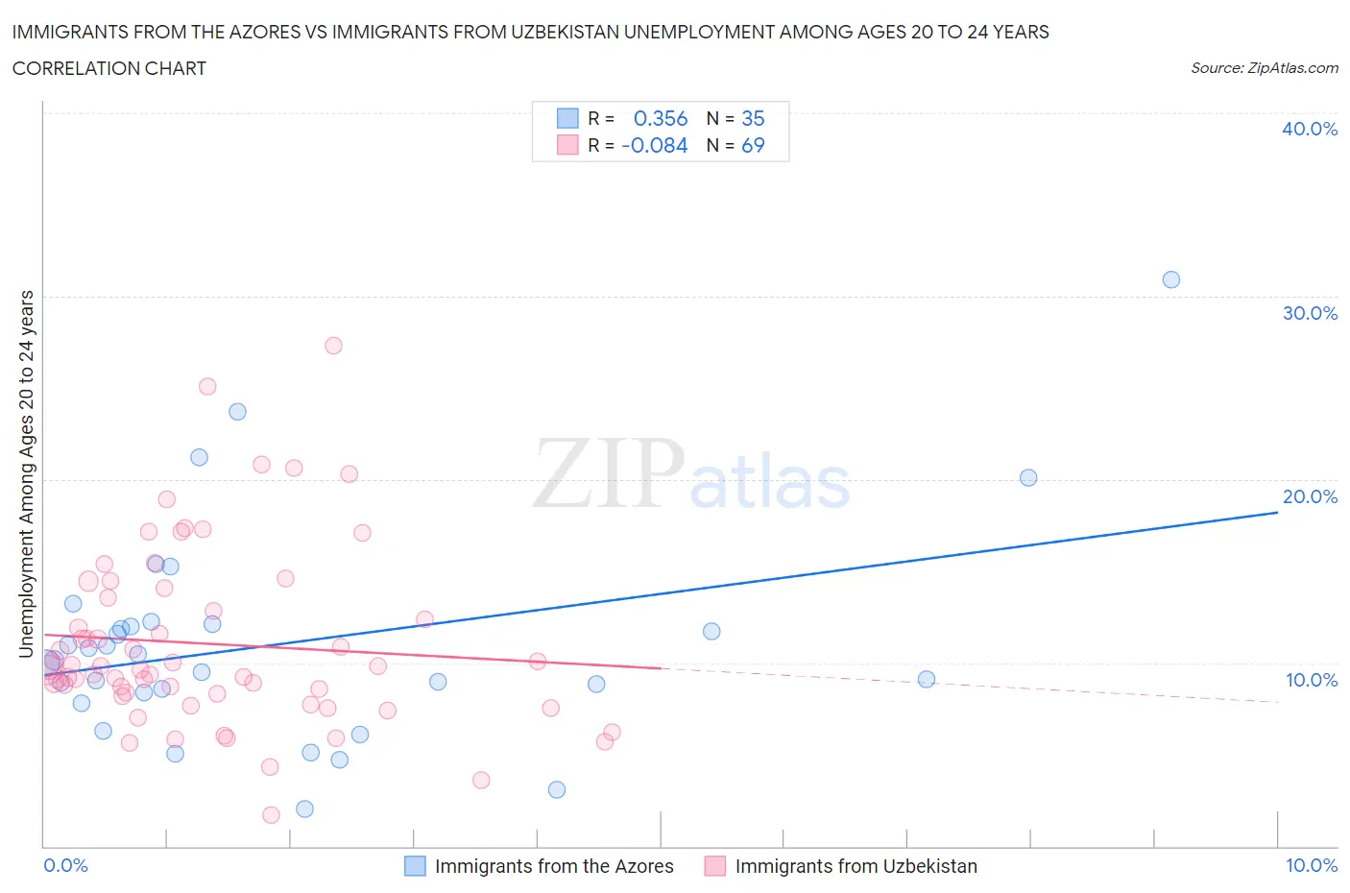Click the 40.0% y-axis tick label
[1309, 129]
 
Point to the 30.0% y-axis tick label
[1309, 313]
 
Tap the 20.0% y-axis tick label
[1309, 496]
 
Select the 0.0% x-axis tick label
[65, 865]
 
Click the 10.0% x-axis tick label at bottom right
[1311, 865]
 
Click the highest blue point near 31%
[1170, 279]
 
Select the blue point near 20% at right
[1028, 477]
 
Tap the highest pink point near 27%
[333, 346]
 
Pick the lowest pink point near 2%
[271, 815]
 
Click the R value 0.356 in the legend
[661, 118]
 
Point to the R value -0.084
[655, 145]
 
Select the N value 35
[753, 118]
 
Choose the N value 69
[753, 145]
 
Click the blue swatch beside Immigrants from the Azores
[415, 866]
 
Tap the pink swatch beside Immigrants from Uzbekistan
[714, 866]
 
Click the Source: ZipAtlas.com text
[1264, 68]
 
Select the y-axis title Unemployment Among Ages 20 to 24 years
[26, 473]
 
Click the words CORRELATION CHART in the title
[109, 68]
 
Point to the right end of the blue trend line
[1277, 513]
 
